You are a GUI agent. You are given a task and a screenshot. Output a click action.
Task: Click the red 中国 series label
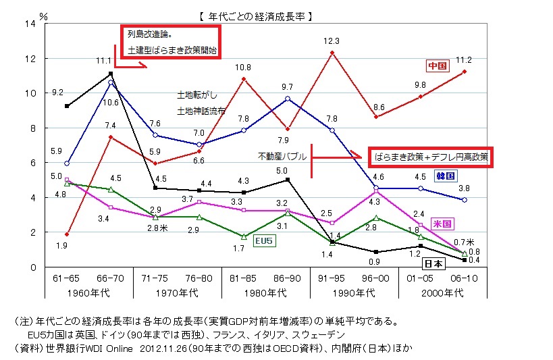coord(438,66)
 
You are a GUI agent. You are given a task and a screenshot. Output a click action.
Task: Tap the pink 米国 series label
coord(442,223)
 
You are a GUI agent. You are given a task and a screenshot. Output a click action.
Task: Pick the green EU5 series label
coord(264,240)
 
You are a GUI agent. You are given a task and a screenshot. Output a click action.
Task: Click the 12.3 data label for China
coord(331,41)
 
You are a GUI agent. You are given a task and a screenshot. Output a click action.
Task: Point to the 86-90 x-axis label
coord(287,278)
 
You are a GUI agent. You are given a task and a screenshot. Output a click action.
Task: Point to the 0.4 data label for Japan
coord(474,261)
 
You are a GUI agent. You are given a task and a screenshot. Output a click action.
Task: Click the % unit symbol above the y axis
coord(44,14)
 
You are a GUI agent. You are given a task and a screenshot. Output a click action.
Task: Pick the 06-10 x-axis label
coord(465,278)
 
